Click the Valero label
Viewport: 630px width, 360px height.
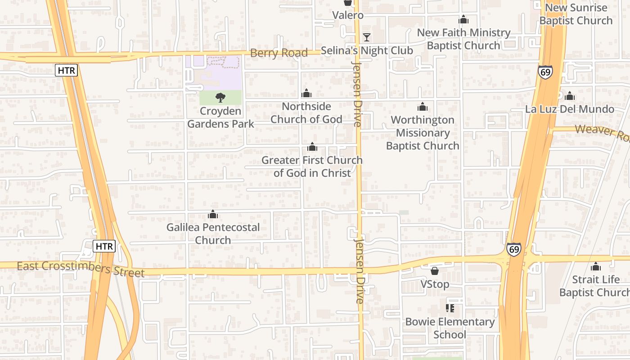click(347, 15)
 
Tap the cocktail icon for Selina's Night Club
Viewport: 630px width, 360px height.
click(367, 37)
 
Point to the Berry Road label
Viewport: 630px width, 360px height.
click(279, 53)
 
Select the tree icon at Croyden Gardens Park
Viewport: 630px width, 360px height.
click(220, 97)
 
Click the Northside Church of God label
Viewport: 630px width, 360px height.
click(306, 113)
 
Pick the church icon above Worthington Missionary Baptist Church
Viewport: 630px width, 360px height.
click(423, 107)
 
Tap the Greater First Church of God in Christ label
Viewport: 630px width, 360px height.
click(312, 166)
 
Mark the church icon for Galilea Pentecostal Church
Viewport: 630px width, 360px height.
click(213, 215)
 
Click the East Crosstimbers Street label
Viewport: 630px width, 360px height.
click(81, 269)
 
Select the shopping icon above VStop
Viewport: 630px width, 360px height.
click(435, 270)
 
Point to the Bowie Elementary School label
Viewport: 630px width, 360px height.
click(450, 328)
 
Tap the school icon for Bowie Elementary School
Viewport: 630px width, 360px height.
click(450, 308)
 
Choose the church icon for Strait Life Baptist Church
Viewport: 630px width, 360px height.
click(596, 266)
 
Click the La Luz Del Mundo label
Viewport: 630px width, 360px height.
click(570, 109)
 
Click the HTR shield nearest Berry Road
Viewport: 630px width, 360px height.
click(67, 70)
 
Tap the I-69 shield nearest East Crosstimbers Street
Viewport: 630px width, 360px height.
click(514, 249)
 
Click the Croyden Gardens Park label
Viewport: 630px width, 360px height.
click(220, 117)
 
